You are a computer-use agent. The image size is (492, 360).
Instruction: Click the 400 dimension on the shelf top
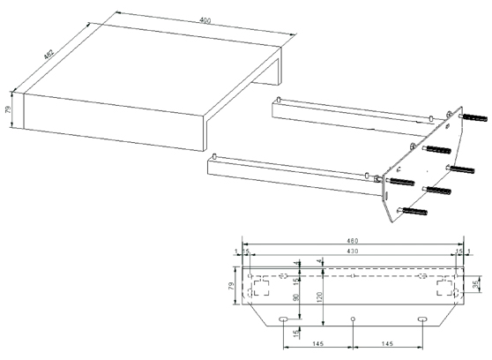pyautogui.click(x=205, y=20)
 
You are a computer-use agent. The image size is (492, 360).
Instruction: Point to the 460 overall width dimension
pyautogui.click(x=353, y=241)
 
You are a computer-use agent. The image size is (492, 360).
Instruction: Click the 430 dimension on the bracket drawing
pyautogui.click(x=353, y=253)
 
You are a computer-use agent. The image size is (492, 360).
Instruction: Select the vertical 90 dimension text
pyautogui.click(x=297, y=297)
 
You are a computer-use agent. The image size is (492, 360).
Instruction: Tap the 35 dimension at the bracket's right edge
pyautogui.click(x=476, y=284)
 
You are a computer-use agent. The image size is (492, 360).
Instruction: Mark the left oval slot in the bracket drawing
pyautogui.click(x=284, y=318)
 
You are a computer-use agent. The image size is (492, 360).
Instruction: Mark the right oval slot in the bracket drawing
pyautogui.click(x=422, y=318)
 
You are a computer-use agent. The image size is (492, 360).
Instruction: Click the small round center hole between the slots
pyautogui.click(x=353, y=318)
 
